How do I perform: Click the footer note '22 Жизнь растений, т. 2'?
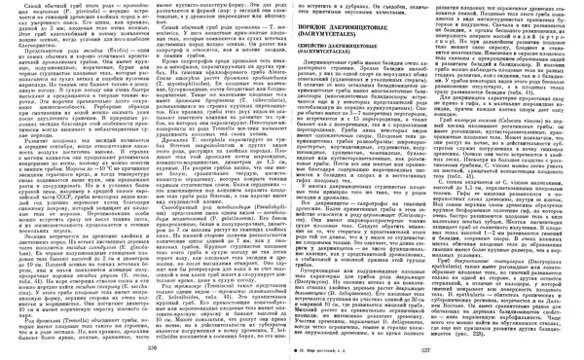click(313, 349)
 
